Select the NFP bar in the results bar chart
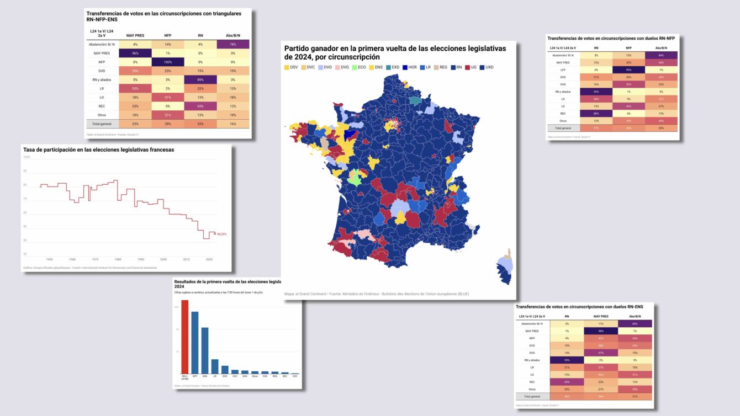pos(195,343)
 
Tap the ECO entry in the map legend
pos(360,67)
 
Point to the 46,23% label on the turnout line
pos(222,234)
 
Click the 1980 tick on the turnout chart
pos(118,259)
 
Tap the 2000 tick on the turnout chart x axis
pos(163,259)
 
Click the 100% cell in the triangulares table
pos(167,62)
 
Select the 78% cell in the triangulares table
pos(233,44)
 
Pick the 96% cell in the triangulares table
pos(135,54)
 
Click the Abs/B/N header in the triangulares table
pos(233,35)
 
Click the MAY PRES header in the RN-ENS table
pos(601,316)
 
